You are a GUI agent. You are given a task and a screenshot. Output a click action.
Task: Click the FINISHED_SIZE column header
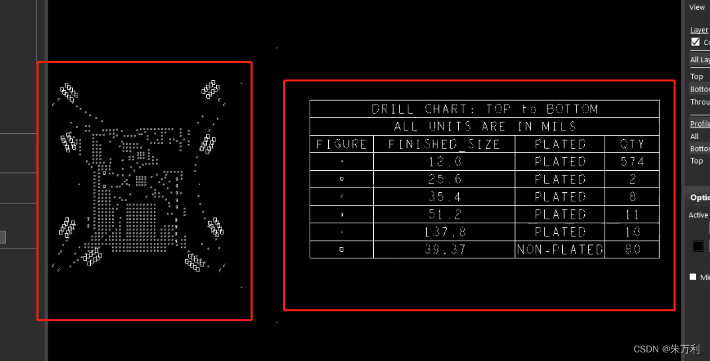click(x=444, y=144)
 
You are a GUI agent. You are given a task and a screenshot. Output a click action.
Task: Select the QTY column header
click(x=632, y=144)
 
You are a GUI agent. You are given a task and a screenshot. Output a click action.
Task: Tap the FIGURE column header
click(x=341, y=144)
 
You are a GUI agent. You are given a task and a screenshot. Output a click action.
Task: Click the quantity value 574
click(x=632, y=162)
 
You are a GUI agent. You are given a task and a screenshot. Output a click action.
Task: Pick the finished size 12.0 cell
click(x=444, y=162)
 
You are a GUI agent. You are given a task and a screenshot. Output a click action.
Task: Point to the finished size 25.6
click(x=444, y=180)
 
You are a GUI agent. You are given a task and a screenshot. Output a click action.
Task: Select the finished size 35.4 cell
click(x=444, y=197)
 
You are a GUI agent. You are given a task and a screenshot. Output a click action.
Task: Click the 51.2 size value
click(x=444, y=215)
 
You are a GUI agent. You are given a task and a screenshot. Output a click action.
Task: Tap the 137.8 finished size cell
click(x=444, y=232)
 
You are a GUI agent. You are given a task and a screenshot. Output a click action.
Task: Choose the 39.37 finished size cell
click(x=444, y=250)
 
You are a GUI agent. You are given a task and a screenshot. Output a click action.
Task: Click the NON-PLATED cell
click(x=560, y=250)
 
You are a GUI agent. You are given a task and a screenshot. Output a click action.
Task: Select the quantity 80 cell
click(x=632, y=250)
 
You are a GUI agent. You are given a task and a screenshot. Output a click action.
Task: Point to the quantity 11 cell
click(x=632, y=215)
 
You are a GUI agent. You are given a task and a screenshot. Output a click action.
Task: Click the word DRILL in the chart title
click(x=392, y=109)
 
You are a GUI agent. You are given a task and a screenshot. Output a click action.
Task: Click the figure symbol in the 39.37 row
click(x=341, y=250)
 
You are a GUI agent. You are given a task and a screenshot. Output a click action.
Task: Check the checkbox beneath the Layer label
click(x=695, y=42)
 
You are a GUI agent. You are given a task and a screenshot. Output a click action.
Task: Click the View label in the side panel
click(x=697, y=7)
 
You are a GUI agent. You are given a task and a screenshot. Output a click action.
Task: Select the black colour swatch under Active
click(x=698, y=246)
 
